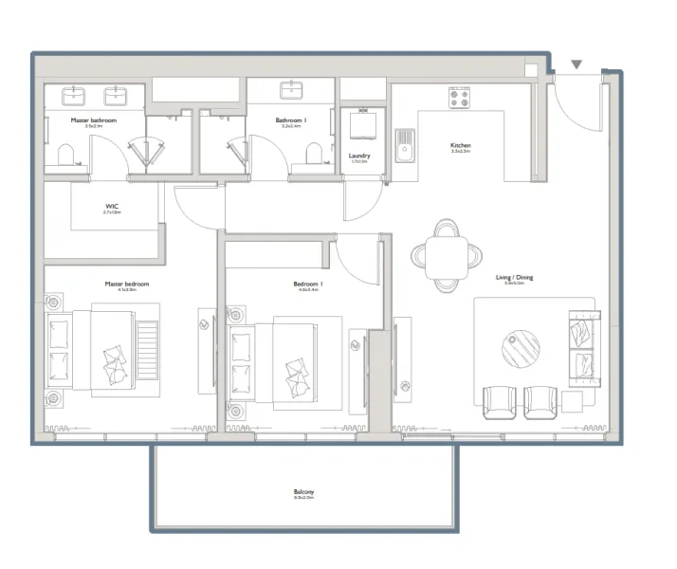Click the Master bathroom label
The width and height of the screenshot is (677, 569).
(93, 120)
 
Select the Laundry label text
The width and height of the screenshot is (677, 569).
(359, 156)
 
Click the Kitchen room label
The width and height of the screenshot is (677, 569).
(460, 145)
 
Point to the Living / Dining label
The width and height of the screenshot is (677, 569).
(514, 278)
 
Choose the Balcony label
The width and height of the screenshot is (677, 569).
(303, 492)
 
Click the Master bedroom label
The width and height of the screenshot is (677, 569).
(126, 284)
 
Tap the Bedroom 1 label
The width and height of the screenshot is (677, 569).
(309, 284)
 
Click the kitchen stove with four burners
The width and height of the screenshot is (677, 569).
(460, 98)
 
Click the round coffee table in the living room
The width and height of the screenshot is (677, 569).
(521, 347)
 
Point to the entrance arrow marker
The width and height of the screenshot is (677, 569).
(576, 65)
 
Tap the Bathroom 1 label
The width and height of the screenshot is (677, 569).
(291, 120)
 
